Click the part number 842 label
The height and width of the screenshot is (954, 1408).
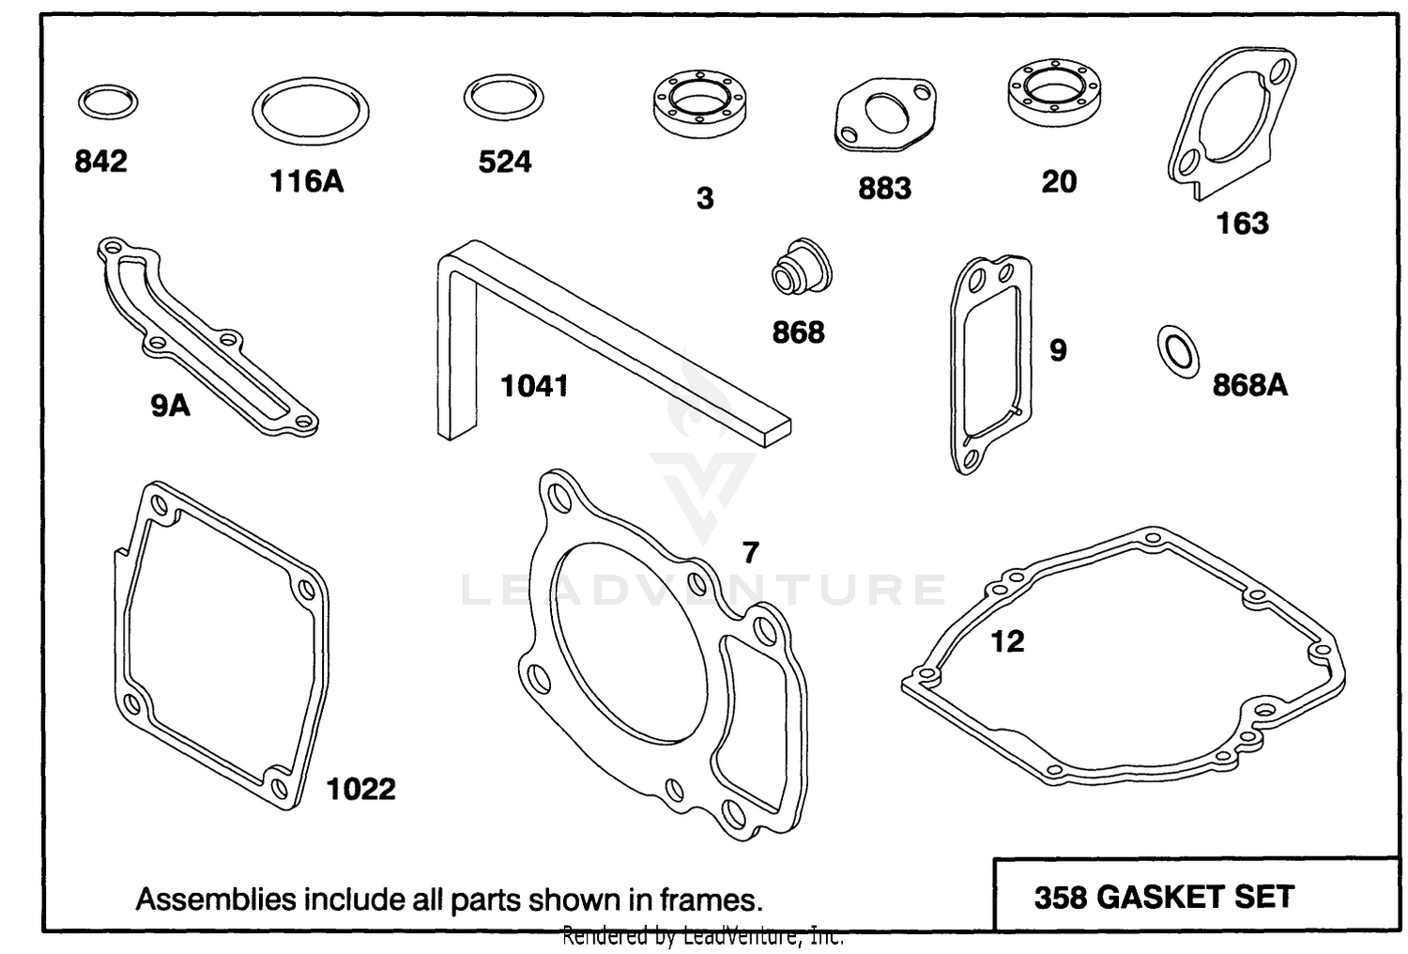click(x=100, y=162)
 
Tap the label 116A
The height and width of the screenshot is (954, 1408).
click(x=307, y=182)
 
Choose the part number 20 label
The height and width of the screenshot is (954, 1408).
click(x=1059, y=182)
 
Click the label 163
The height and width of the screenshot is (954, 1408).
click(x=1243, y=223)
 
